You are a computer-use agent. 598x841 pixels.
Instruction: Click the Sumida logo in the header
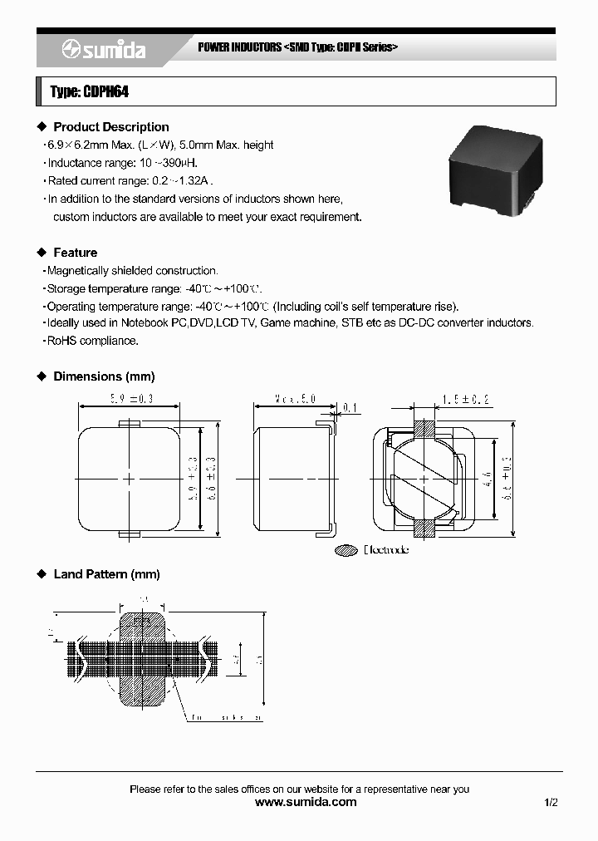pyautogui.click(x=103, y=50)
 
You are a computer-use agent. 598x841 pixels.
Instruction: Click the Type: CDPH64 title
pyautogui.click(x=89, y=92)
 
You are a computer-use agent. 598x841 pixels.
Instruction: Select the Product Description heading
pyautogui.click(x=110, y=127)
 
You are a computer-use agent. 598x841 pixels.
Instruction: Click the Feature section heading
pyautogui.click(x=75, y=253)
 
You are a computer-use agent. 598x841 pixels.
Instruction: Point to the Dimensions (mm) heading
pyautogui.click(x=104, y=376)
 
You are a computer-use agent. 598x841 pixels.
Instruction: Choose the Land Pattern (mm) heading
pyautogui.click(x=106, y=574)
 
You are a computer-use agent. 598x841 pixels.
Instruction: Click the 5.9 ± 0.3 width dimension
pyautogui.click(x=129, y=399)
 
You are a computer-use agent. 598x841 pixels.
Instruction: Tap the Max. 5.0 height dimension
pyautogui.click(x=296, y=399)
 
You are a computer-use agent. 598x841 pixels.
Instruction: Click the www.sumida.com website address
pyautogui.click(x=306, y=802)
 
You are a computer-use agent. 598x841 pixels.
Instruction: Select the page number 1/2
pyautogui.click(x=551, y=802)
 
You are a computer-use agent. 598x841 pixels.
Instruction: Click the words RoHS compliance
pyautogui.click(x=92, y=341)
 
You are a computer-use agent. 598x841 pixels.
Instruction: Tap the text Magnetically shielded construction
pyautogui.click(x=133, y=271)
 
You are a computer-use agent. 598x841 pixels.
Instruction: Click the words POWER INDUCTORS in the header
pyautogui.click(x=239, y=47)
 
